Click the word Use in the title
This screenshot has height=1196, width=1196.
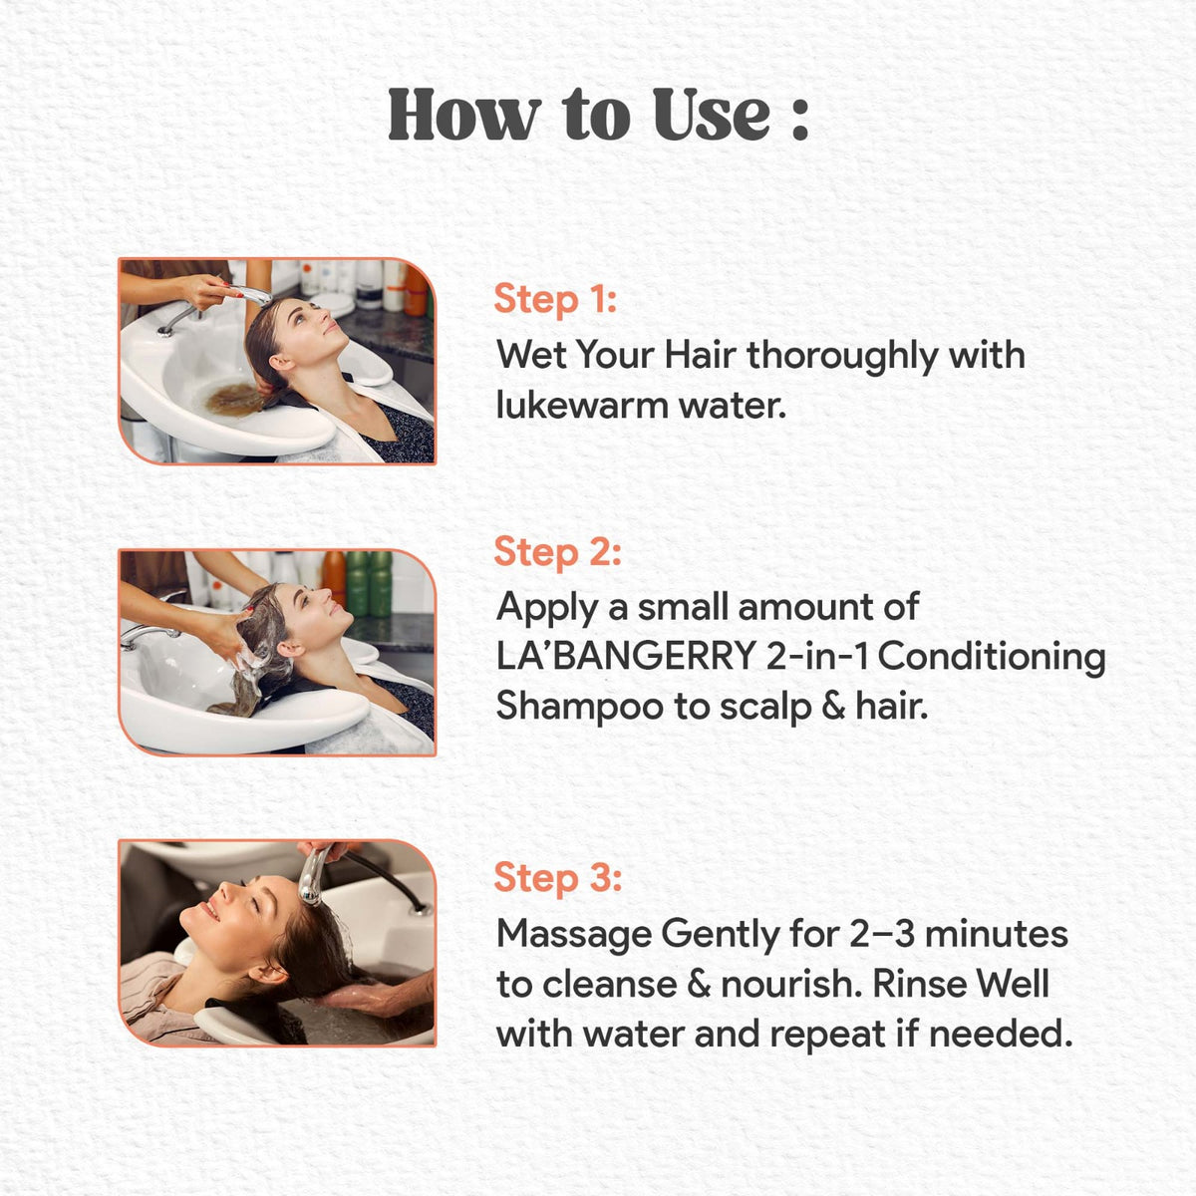[712, 114]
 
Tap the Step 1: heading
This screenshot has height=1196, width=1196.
[555, 299]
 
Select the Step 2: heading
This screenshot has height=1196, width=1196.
[557, 552]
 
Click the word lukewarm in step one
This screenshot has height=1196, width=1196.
[581, 407]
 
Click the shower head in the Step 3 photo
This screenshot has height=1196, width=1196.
[312, 876]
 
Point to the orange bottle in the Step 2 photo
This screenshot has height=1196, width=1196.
[333, 578]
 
